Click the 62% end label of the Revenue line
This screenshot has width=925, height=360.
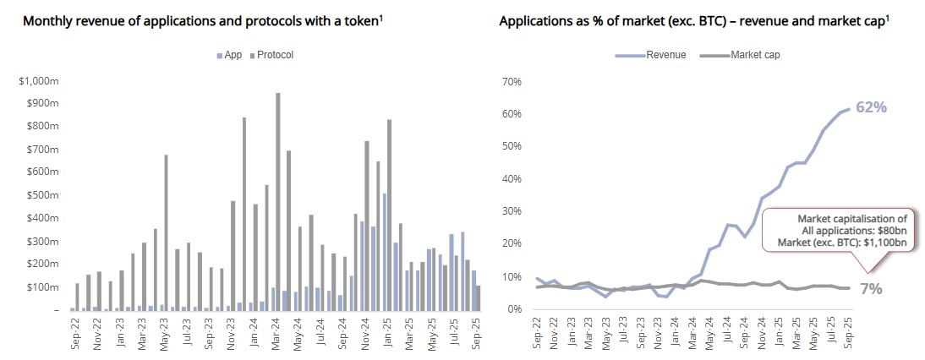[x=871, y=108]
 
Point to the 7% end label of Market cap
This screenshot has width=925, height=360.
[x=871, y=289]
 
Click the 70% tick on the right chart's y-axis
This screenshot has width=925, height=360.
[x=512, y=82]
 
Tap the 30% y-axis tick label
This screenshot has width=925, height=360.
[x=512, y=211]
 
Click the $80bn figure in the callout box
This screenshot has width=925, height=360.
[x=888, y=231]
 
